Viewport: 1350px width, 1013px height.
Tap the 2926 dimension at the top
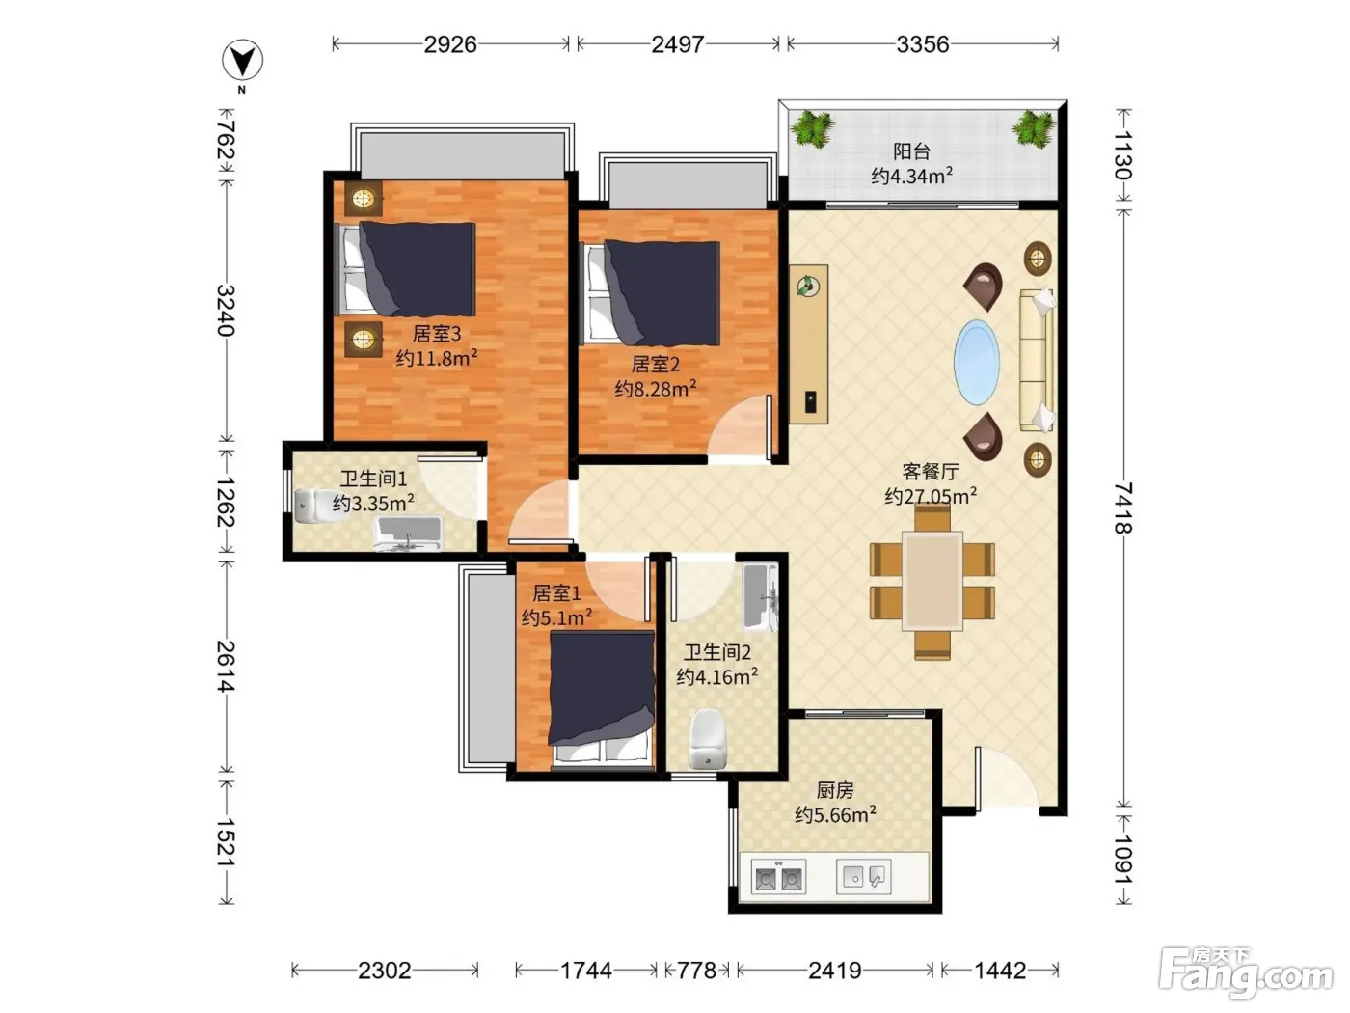click(x=450, y=44)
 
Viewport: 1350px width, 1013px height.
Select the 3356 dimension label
click(x=922, y=44)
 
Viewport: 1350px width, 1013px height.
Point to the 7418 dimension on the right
click(x=1123, y=508)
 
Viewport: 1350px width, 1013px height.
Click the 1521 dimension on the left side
click(x=227, y=842)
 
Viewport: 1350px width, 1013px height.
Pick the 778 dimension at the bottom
click(x=696, y=971)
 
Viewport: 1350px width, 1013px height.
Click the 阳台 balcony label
click(x=911, y=151)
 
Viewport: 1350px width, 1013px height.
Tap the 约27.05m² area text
click(x=931, y=496)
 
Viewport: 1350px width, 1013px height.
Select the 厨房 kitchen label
click(x=835, y=790)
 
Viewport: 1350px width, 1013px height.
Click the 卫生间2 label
click(x=717, y=652)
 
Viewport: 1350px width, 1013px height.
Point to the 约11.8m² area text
click(x=437, y=358)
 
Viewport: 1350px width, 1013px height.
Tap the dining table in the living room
click(x=931, y=581)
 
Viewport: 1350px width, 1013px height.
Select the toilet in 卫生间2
click(x=708, y=739)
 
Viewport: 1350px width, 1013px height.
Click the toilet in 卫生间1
click(x=314, y=506)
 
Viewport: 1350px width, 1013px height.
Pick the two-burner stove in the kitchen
click(x=778, y=876)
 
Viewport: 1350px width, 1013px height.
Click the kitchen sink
click(x=863, y=876)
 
